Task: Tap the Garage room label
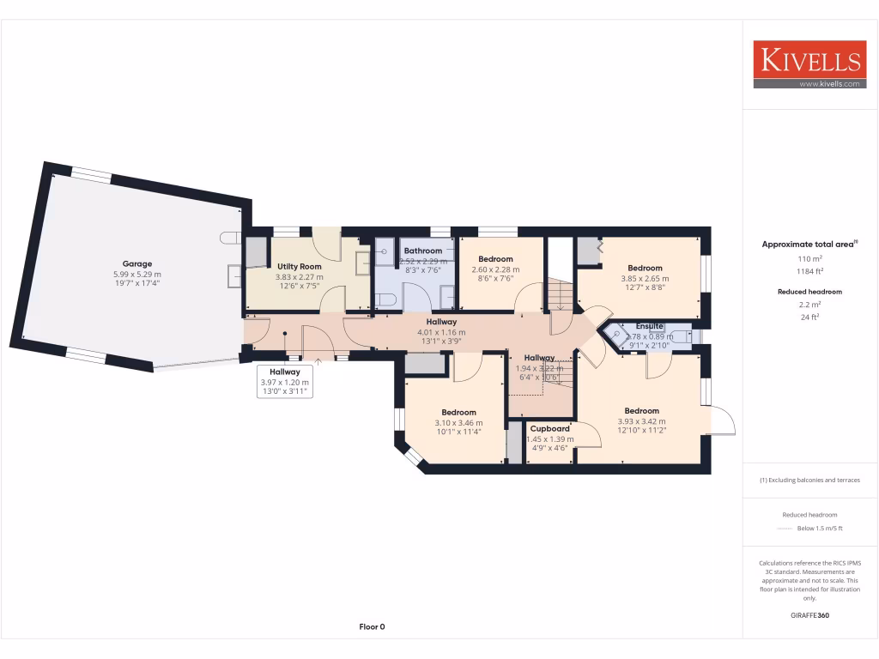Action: [x=136, y=263]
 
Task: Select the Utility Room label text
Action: [x=299, y=267]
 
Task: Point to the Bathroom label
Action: [x=422, y=251]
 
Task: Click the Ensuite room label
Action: [x=649, y=326]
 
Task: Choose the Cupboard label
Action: [x=549, y=428]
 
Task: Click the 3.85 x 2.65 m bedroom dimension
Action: [x=645, y=278]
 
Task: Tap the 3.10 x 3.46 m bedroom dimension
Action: [x=458, y=422]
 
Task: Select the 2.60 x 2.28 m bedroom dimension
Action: [x=495, y=269]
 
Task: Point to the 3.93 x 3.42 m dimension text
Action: [x=641, y=421]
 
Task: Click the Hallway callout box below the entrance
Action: [x=285, y=382]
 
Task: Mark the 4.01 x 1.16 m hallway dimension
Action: [x=440, y=332]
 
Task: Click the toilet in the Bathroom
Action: [x=385, y=299]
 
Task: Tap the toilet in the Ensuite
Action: [x=681, y=337]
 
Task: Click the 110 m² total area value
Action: [x=810, y=258]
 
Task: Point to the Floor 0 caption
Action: [x=372, y=626]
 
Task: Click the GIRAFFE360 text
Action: [x=809, y=615]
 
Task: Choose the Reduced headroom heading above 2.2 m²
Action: [x=810, y=292]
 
